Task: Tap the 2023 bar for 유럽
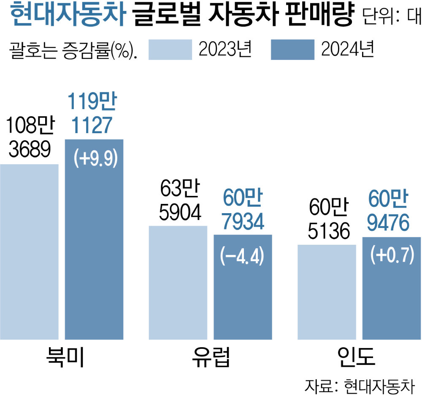coord(178,282)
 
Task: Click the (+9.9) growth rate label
coord(95,159)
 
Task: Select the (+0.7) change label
coord(392,256)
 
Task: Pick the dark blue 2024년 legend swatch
coord(292,50)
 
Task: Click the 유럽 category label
coord(211,356)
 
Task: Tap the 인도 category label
coord(359,356)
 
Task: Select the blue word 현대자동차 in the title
coord(67,16)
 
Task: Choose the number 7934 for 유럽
coord(243,222)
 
